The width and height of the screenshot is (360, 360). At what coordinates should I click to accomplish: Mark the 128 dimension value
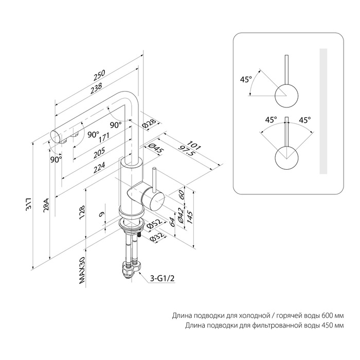point(82,213)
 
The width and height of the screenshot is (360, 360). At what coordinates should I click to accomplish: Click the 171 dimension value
point(104,137)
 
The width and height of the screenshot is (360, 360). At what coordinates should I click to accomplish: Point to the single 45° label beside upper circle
point(246,80)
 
